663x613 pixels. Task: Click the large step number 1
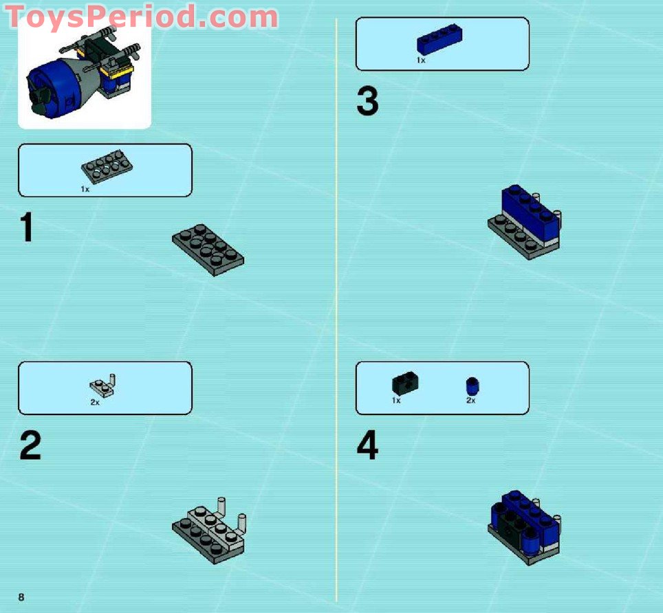click(x=26, y=228)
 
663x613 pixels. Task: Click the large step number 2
click(x=30, y=446)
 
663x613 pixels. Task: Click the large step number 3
click(x=367, y=102)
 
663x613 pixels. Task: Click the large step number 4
click(x=367, y=446)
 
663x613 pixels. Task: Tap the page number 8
click(x=21, y=597)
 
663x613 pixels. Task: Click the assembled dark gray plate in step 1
click(x=208, y=249)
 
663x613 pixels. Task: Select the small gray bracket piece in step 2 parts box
click(x=103, y=387)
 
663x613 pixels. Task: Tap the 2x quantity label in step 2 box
click(x=95, y=402)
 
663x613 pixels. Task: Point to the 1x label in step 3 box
click(x=421, y=60)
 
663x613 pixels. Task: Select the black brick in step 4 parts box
click(x=406, y=383)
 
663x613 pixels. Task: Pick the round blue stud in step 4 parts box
click(x=472, y=386)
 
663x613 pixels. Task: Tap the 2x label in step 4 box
click(x=471, y=400)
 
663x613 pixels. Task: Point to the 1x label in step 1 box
click(x=85, y=189)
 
